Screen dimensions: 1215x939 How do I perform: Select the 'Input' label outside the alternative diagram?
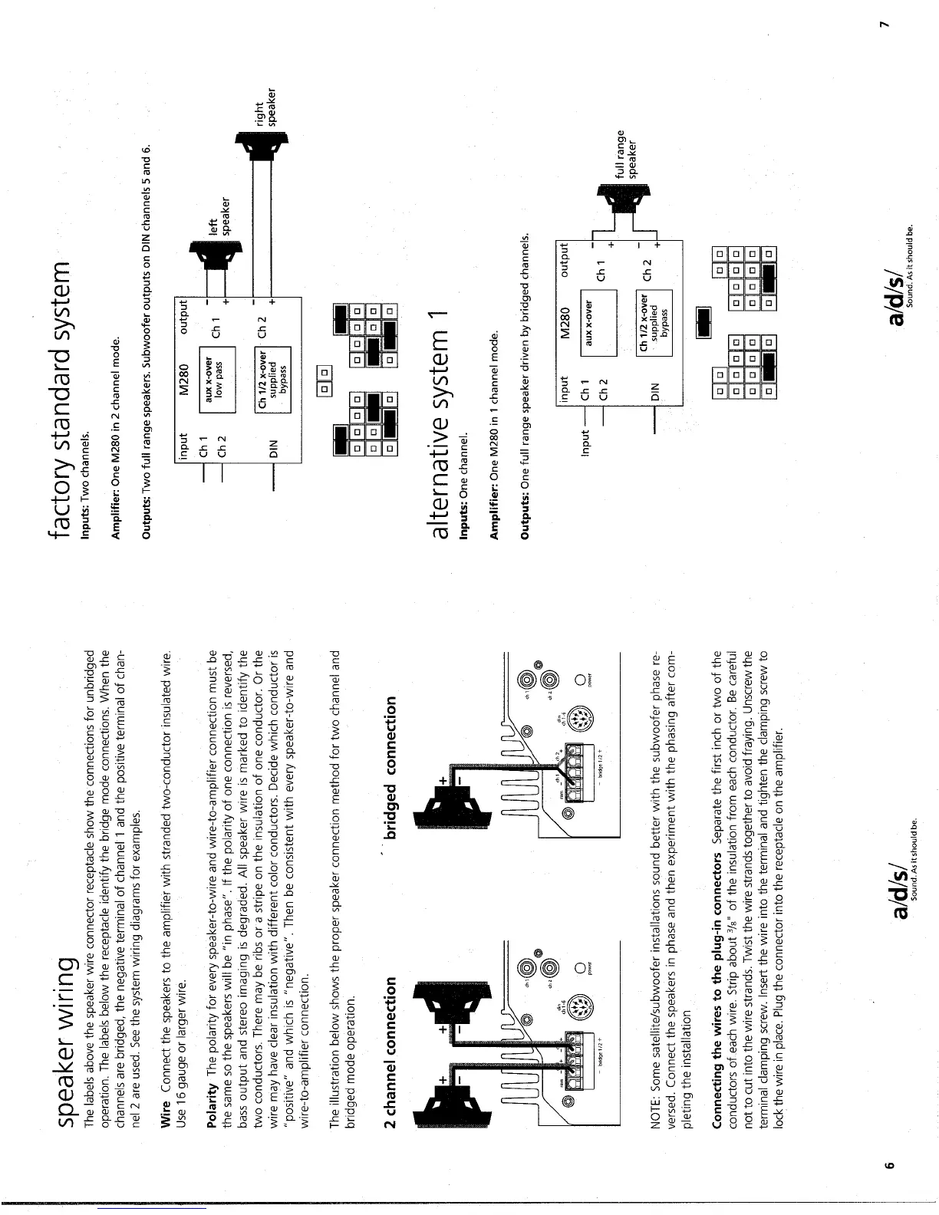pos(586,443)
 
